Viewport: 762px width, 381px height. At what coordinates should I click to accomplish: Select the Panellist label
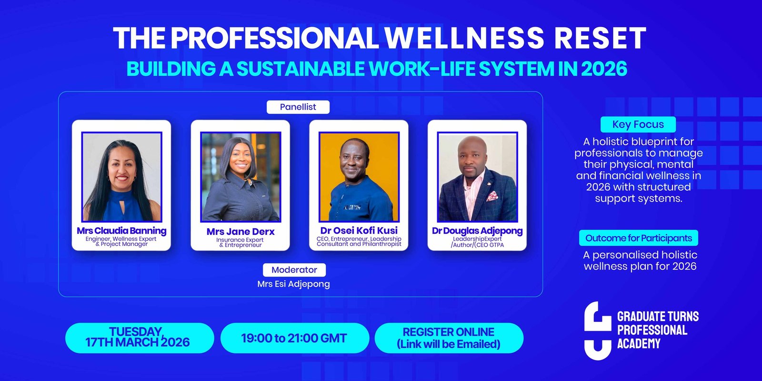click(298, 107)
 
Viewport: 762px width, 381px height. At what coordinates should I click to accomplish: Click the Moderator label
click(294, 270)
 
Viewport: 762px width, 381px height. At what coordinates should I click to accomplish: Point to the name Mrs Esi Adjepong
click(293, 284)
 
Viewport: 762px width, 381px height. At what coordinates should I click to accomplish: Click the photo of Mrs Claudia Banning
click(122, 177)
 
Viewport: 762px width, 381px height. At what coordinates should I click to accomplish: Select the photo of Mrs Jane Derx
click(241, 177)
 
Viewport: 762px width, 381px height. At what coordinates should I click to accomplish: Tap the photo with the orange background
click(359, 177)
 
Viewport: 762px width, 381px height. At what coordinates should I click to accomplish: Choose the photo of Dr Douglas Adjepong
click(477, 177)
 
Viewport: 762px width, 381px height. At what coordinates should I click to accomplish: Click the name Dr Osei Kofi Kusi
click(359, 231)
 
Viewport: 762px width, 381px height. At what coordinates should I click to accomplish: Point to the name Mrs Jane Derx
click(241, 231)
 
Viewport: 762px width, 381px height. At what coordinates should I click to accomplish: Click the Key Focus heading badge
click(638, 124)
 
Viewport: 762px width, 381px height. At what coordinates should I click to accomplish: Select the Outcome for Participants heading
click(639, 238)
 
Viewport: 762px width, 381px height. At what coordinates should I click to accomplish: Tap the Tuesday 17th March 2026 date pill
click(140, 338)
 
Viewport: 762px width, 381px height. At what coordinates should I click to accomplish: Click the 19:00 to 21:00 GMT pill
click(295, 338)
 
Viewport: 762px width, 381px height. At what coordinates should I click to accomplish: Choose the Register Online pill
click(449, 338)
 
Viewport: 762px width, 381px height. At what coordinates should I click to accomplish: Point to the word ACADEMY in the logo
click(639, 343)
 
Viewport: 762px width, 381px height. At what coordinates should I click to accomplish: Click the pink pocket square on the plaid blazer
click(492, 196)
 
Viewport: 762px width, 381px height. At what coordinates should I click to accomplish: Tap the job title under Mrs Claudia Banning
click(121, 241)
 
